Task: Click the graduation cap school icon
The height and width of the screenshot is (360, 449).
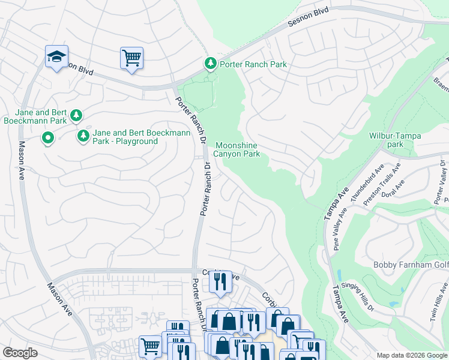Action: pyautogui.click(x=57, y=57)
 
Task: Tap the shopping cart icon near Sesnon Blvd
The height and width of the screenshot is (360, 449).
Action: pyautogui.click(x=131, y=58)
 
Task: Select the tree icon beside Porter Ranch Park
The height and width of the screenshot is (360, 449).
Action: pyautogui.click(x=210, y=64)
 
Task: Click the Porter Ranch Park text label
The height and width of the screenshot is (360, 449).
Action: pyautogui.click(x=253, y=64)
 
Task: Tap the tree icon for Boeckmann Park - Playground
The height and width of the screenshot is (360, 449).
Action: pyautogui.click(x=83, y=137)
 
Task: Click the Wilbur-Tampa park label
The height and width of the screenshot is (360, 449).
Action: pyautogui.click(x=394, y=140)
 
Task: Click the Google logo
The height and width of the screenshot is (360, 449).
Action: pyautogui.click(x=20, y=352)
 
